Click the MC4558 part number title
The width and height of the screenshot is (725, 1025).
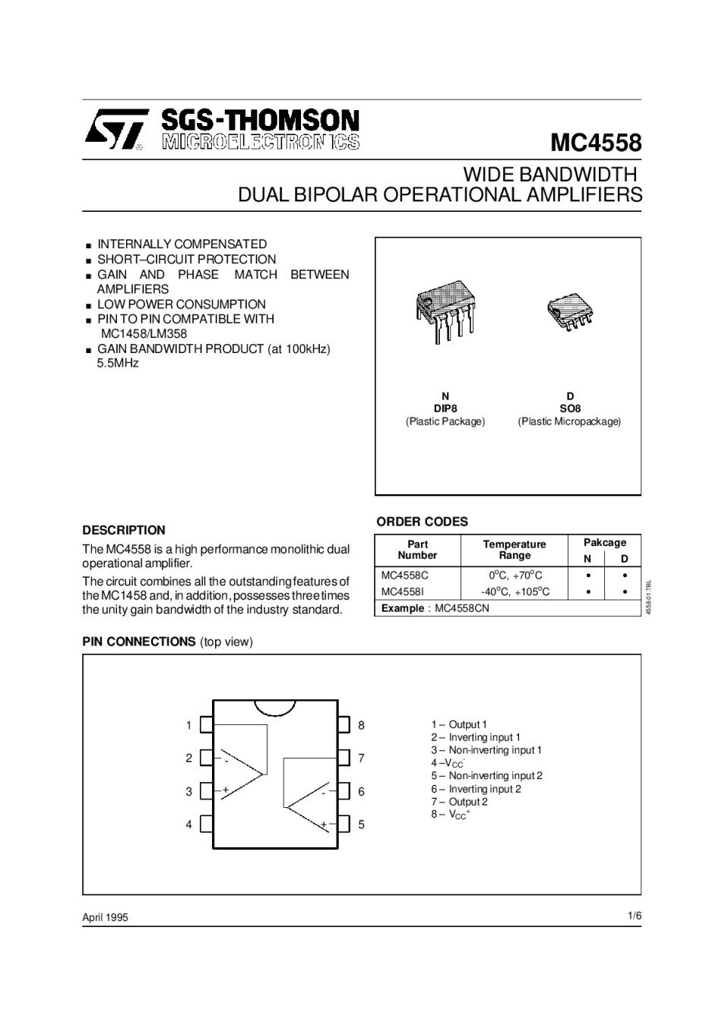[x=596, y=143]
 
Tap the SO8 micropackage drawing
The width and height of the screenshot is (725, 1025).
[x=570, y=311]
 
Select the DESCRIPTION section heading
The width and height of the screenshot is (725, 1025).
[x=123, y=530]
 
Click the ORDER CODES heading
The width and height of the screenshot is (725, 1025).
[x=422, y=522]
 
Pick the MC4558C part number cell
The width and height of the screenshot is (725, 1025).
[x=404, y=576]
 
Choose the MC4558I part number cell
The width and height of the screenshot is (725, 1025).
[x=403, y=591]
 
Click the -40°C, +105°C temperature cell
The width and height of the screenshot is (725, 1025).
[x=514, y=591]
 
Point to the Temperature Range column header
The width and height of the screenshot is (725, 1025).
[x=514, y=550]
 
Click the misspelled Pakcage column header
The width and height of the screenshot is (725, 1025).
[x=604, y=543]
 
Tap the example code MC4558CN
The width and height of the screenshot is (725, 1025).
[x=462, y=608]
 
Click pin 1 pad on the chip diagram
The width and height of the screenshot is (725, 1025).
[x=205, y=725]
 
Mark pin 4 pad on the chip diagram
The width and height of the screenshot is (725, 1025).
[x=205, y=824]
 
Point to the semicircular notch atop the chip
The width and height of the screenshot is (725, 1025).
[x=274, y=707]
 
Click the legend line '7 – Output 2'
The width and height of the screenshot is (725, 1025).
[x=459, y=802]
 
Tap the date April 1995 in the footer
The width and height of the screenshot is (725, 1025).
[x=105, y=917]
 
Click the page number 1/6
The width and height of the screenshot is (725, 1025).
[x=635, y=916]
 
